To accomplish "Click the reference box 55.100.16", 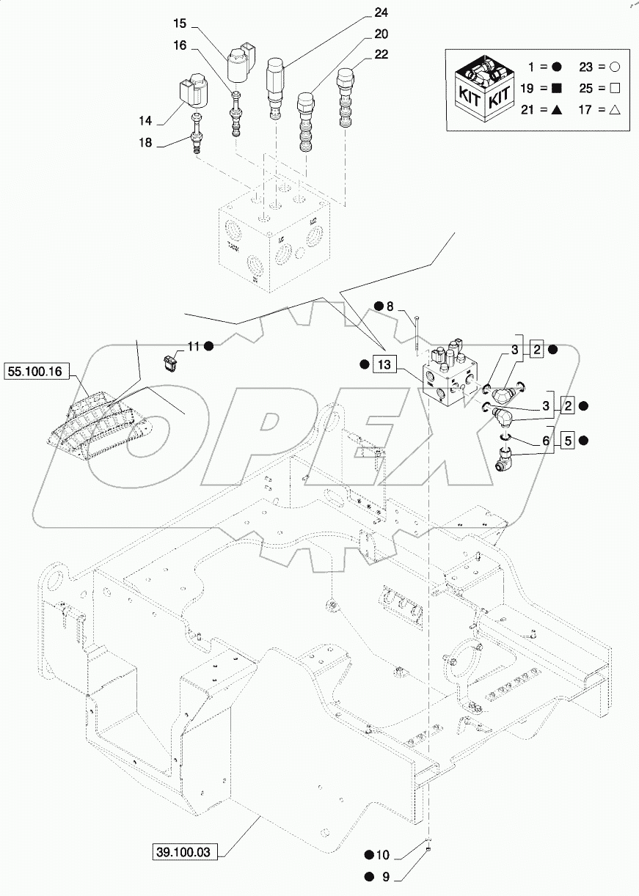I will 37,372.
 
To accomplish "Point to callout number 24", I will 381,13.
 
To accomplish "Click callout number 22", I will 381,54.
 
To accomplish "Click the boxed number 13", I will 386,364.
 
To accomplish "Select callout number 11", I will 192,345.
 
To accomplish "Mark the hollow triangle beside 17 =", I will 615,110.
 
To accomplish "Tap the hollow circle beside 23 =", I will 615,67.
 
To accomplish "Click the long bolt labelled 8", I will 416,334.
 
